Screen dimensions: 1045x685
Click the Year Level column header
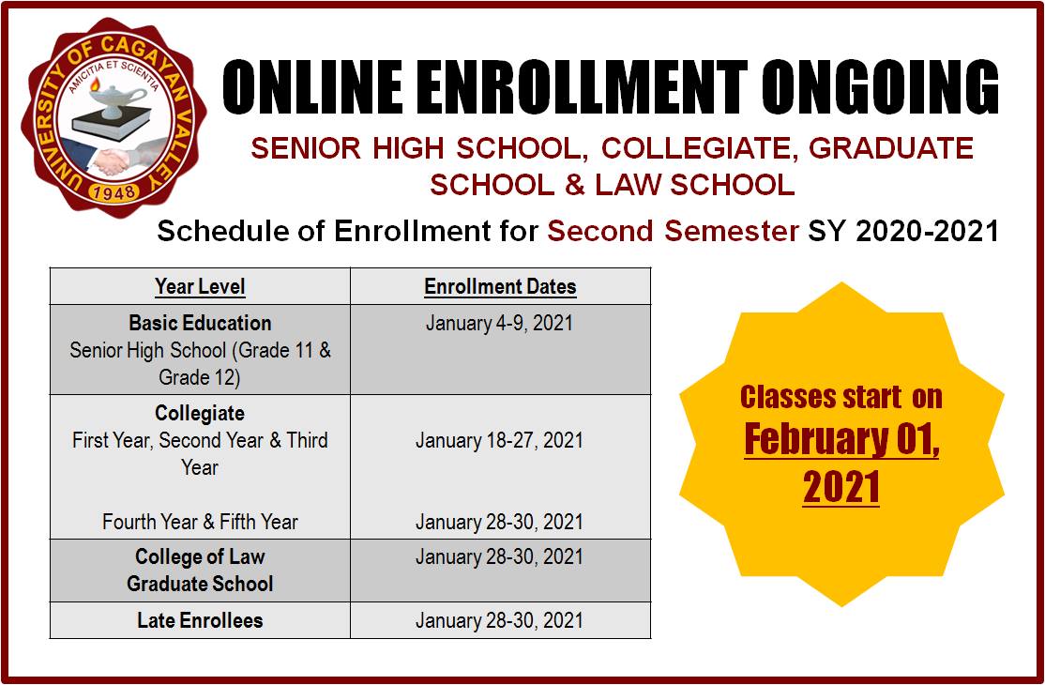tap(200, 286)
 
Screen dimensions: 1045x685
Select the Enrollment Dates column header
tap(500, 286)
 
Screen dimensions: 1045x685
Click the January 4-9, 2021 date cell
tap(499, 323)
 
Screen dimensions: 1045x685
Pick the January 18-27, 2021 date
tap(499, 440)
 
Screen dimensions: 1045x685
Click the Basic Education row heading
tap(200, 323)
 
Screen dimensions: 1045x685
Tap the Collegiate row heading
tap(200, 413)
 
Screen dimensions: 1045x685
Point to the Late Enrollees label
tap(200, 620)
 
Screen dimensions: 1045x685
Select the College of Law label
tap(200, 556)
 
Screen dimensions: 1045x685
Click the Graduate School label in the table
tap(200, 584)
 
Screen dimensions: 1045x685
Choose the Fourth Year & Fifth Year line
tap(200, 522)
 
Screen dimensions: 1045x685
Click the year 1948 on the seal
tap(114, 192)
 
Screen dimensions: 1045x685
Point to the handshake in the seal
tap(111, 160)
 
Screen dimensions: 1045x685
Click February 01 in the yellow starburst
tap(841, 440)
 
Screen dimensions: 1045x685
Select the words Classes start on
tap(841, 397)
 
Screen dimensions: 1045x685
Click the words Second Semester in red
tap(674, 231)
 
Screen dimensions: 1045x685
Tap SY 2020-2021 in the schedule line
tap(903, 231)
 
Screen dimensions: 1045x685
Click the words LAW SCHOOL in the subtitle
tap(695, 185)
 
